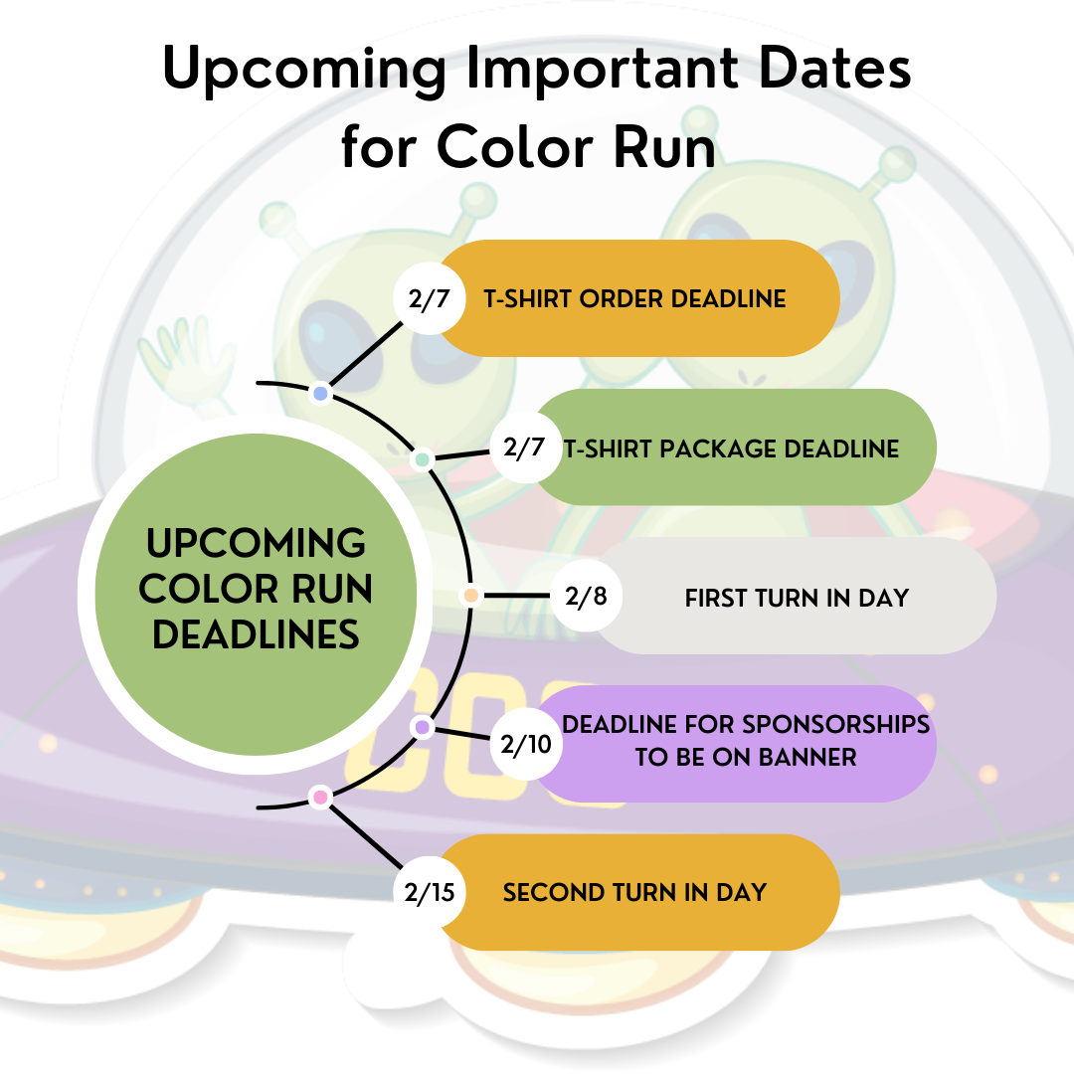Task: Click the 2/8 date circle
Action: (x=587, y=596)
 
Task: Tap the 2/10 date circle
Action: (x=526, y=744)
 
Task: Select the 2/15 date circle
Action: (x=430, y=892)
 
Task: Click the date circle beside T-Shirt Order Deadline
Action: (x=430, y=298)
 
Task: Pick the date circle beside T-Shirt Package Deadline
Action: (x=526, y=447)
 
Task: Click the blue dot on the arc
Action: (x=320, y=394)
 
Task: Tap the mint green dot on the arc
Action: (x=423, y=458)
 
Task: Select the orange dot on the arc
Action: (x=471, y=596)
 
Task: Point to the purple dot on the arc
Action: (x=423, y=727)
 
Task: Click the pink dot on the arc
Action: (x=320, y=798)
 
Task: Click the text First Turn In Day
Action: (x=797, y=598)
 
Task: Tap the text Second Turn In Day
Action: (x=634, y=892)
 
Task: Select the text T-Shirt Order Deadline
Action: (x=634, y=298)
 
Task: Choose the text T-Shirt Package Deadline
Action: (x=732, y=448)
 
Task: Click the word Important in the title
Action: (x=602, y=68)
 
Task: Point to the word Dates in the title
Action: (x=835, y=68)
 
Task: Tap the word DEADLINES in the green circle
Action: (x=256, y=634)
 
